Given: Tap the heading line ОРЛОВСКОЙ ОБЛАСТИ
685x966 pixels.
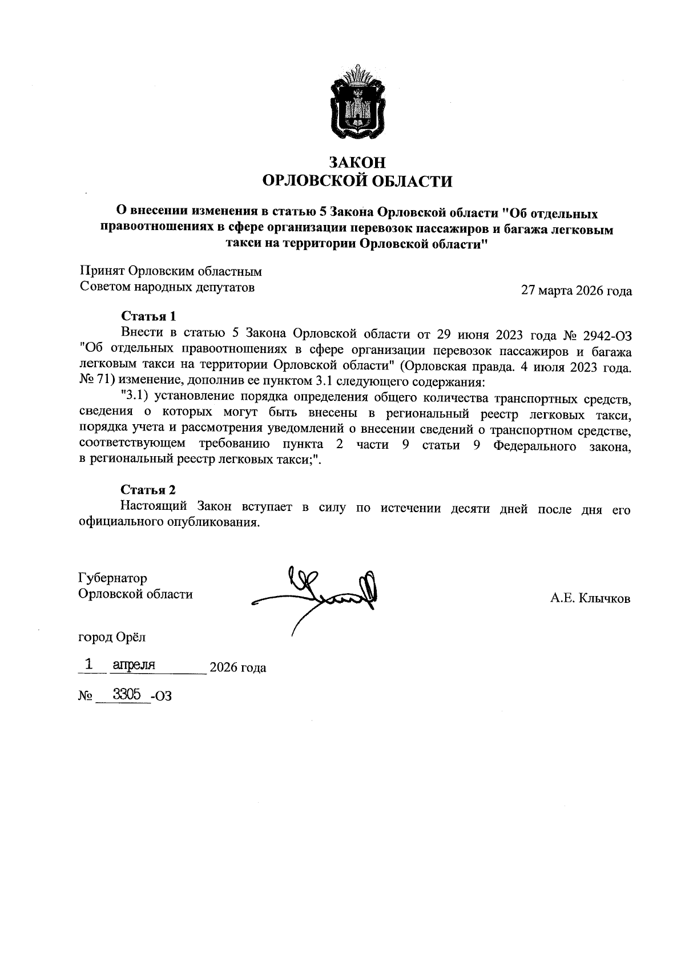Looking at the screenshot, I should [x=357, y=182].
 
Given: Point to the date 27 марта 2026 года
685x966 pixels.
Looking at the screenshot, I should [x=577, y=291].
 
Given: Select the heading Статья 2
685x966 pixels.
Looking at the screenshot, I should [x=148, y=490].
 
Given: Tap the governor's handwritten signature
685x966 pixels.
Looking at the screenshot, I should [x=320, y=594].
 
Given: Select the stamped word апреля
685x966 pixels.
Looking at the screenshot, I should [x=135, y=665].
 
